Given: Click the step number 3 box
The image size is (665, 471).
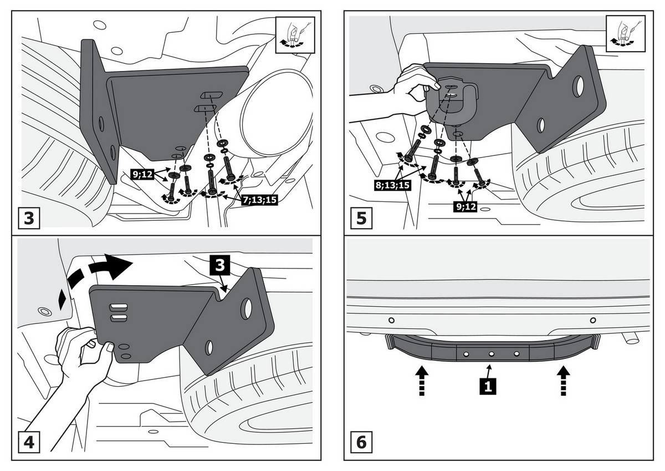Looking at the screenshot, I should coord(29,217).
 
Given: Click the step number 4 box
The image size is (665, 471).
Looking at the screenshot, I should coord(29,443).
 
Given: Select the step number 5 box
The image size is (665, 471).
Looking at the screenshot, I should coord(361,217).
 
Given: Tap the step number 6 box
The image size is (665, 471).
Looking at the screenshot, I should coord(361,443).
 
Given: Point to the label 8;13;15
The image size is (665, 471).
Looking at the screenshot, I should coord(391,184).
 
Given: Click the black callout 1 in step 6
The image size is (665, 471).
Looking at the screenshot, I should coord(487,386).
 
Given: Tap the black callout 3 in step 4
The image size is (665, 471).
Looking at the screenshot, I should coord(219,265).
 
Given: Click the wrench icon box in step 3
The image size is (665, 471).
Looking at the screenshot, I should coord(294,34).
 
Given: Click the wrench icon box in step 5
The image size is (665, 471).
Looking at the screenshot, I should coord(626,34).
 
